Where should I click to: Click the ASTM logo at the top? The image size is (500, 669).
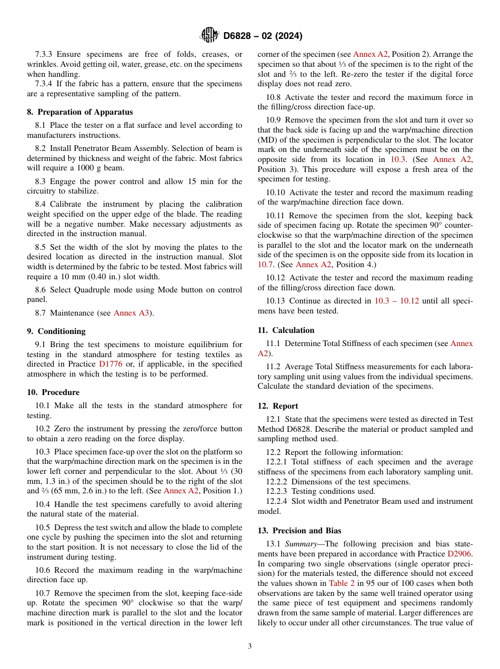pyautogui.click(x=209, y=35)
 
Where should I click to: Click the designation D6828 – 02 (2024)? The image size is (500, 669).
pyautogui.click(x=263, y=36)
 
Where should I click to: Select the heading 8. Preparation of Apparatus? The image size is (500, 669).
pyautogui.click(x=80, y=112)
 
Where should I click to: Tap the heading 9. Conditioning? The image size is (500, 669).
pyautogui.click(x=56, y=331)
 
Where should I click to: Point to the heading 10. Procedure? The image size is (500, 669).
pyautogui.click(x=53, y=392)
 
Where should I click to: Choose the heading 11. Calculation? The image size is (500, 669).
pyautogui.click(x=286, y=330)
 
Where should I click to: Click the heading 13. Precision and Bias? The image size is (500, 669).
pyautogui.click(x=299, y=531)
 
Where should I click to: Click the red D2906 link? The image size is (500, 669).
pyautogui.click(x=460, y=554)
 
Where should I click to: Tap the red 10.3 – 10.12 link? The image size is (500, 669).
pyautogui.click(x=396, y=301)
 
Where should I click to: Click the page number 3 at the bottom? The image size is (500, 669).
pyautogui.click(x=250, y=646)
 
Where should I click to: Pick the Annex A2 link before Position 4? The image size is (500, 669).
pyautogui.click(x=314, y=265)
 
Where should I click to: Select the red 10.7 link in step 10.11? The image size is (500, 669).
pyautogui.click(x=266, y=265)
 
